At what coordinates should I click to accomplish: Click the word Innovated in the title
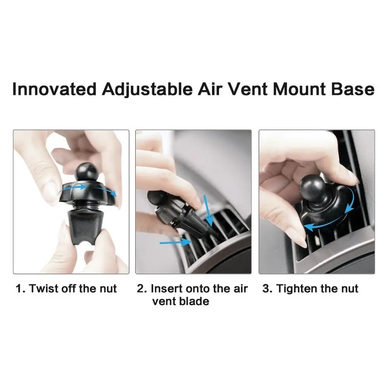[54, 88]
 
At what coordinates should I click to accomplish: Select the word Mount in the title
[299, 88]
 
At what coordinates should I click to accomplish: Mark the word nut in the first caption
[108, 289]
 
